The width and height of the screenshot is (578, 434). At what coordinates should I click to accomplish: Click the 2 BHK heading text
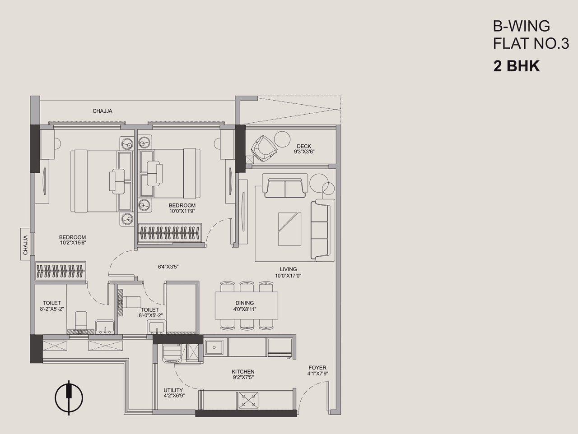[517, 66]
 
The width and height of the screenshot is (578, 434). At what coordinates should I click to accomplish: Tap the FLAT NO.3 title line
[531, 44]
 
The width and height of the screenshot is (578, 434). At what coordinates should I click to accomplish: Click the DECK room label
[304, 146]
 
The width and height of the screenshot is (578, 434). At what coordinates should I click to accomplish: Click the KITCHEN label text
[243, 372]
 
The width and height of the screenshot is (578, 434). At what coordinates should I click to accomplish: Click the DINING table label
[244, 303]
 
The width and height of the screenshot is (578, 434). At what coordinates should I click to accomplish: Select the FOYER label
[317, 368]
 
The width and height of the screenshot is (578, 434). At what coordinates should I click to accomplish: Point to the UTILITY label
[173, 390]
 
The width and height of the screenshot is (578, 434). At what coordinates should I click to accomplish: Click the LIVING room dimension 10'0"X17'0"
[288, 276]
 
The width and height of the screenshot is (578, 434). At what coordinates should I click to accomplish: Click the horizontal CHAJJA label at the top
[103, 111]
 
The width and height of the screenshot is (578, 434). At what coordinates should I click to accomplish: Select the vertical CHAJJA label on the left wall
[25, 245]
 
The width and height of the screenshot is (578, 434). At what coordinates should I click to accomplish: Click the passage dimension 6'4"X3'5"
[168, 267]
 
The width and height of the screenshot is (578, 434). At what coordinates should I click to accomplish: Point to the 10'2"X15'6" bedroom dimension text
[72, 243]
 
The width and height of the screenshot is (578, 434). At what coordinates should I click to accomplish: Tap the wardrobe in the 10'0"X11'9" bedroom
[172, 234]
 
